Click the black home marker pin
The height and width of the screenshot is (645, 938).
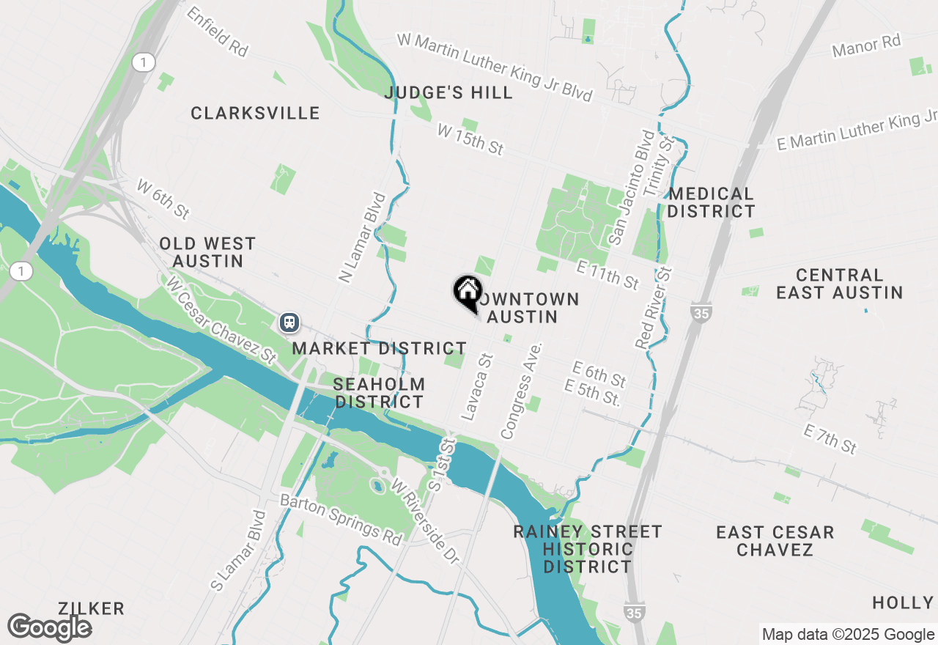(x=467, y=292)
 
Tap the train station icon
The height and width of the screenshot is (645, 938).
(x=289, y=322)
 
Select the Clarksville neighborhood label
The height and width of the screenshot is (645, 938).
(x=255, y=113)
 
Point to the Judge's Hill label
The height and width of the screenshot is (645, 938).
(x=448, y=93)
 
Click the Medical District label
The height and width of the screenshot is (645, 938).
(x=711, y=202)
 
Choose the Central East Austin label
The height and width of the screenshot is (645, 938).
(x=839, y=284)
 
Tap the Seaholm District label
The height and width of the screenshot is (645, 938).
(x=379, y=393)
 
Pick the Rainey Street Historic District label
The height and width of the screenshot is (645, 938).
(x=588, y=549)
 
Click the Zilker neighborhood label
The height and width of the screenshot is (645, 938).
(x=92, y=608)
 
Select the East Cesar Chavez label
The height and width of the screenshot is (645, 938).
(x=775, y=541)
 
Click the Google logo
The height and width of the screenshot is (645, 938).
(x=49, y=628)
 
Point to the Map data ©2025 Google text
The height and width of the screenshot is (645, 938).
(x=848, y=635)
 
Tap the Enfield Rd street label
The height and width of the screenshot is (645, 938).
(x=218, y=32)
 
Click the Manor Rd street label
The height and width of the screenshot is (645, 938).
(x=866, y=46)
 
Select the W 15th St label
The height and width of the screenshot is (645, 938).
(x=470, y=139)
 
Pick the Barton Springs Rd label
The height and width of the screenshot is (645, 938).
(x=342, y=520)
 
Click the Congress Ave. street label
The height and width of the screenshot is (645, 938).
(x=521, y=390)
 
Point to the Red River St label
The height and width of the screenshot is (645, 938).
(x=654, y=307)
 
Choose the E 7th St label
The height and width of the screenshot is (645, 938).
(x=830, y=438)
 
